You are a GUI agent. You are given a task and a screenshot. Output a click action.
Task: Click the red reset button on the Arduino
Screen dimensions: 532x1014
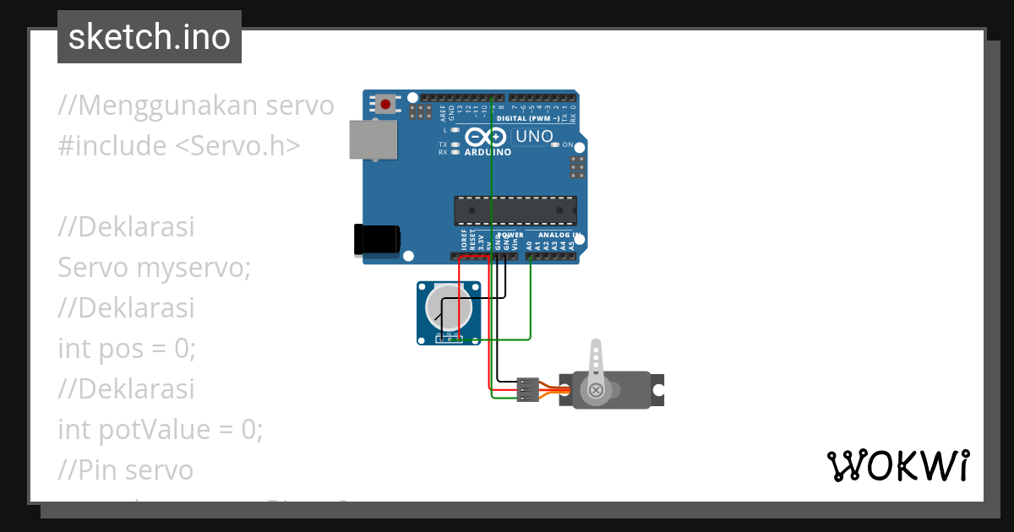coord(385,105)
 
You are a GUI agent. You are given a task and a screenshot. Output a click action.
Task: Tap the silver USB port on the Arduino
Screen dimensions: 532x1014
coord(373,139)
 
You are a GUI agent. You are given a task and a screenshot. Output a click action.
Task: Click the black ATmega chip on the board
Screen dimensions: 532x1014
coord(515,210)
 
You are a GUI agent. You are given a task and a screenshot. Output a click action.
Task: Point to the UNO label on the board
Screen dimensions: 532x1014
coord(534,136)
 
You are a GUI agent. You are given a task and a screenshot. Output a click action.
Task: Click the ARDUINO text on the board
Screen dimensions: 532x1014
coord(488,153)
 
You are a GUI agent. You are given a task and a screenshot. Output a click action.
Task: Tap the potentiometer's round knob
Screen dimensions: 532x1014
coord(447,307)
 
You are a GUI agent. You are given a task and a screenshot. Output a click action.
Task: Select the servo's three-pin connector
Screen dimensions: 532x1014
coord(526,389)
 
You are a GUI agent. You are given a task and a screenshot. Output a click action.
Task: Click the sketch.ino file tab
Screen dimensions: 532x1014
coord(150,37)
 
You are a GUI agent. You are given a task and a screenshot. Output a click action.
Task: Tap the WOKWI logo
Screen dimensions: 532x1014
coord(897,465)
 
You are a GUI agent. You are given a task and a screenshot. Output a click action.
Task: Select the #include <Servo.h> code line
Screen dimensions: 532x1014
coord(179,146)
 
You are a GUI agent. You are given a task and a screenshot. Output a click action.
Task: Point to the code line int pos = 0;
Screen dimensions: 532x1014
coord(127,349)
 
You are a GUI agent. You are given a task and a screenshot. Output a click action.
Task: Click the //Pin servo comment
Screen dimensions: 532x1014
coord(126,470)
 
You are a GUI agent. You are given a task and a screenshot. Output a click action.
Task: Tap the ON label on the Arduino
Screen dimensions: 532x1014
coord(568,145)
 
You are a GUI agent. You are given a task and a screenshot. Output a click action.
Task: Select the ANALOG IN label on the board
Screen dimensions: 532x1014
coord(559,235)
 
